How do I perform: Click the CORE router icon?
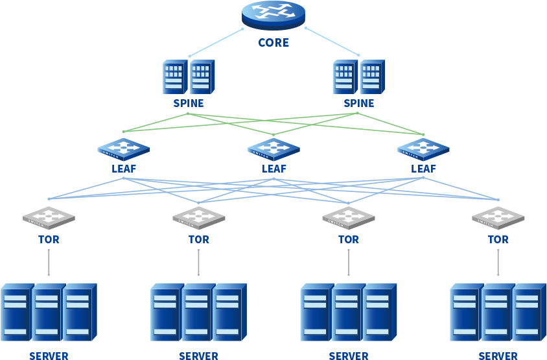click(x=273, y=14)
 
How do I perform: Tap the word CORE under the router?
click(x=273, y=43)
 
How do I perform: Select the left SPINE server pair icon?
click(x=188, y=77)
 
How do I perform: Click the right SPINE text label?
click(x=358, y=103)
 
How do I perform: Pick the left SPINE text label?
click(x=188, y=103)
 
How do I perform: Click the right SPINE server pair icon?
click(x=358, y=77)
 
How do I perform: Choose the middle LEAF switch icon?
click(x=273, y=149)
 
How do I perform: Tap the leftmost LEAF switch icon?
click(x=124, y=149)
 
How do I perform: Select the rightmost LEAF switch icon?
click(x=423, y=149)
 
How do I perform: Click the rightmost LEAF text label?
click(x=423, y=169)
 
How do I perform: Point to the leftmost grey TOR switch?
click(x=49, y=217)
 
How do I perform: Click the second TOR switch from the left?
click(x=198, y=217)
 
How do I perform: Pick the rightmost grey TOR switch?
click(x=498, y=217)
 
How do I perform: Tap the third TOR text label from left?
click(x=348, y=239)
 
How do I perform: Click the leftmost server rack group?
click(x=49, y=311)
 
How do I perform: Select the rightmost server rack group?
click(x=498, y=311)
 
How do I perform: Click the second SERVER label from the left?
click(x=198, y=356)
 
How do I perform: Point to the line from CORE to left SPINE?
click(x=216, y=42)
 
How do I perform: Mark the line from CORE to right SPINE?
click(x=332, y=42)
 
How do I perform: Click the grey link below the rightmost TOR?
click(x=498, y=262)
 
